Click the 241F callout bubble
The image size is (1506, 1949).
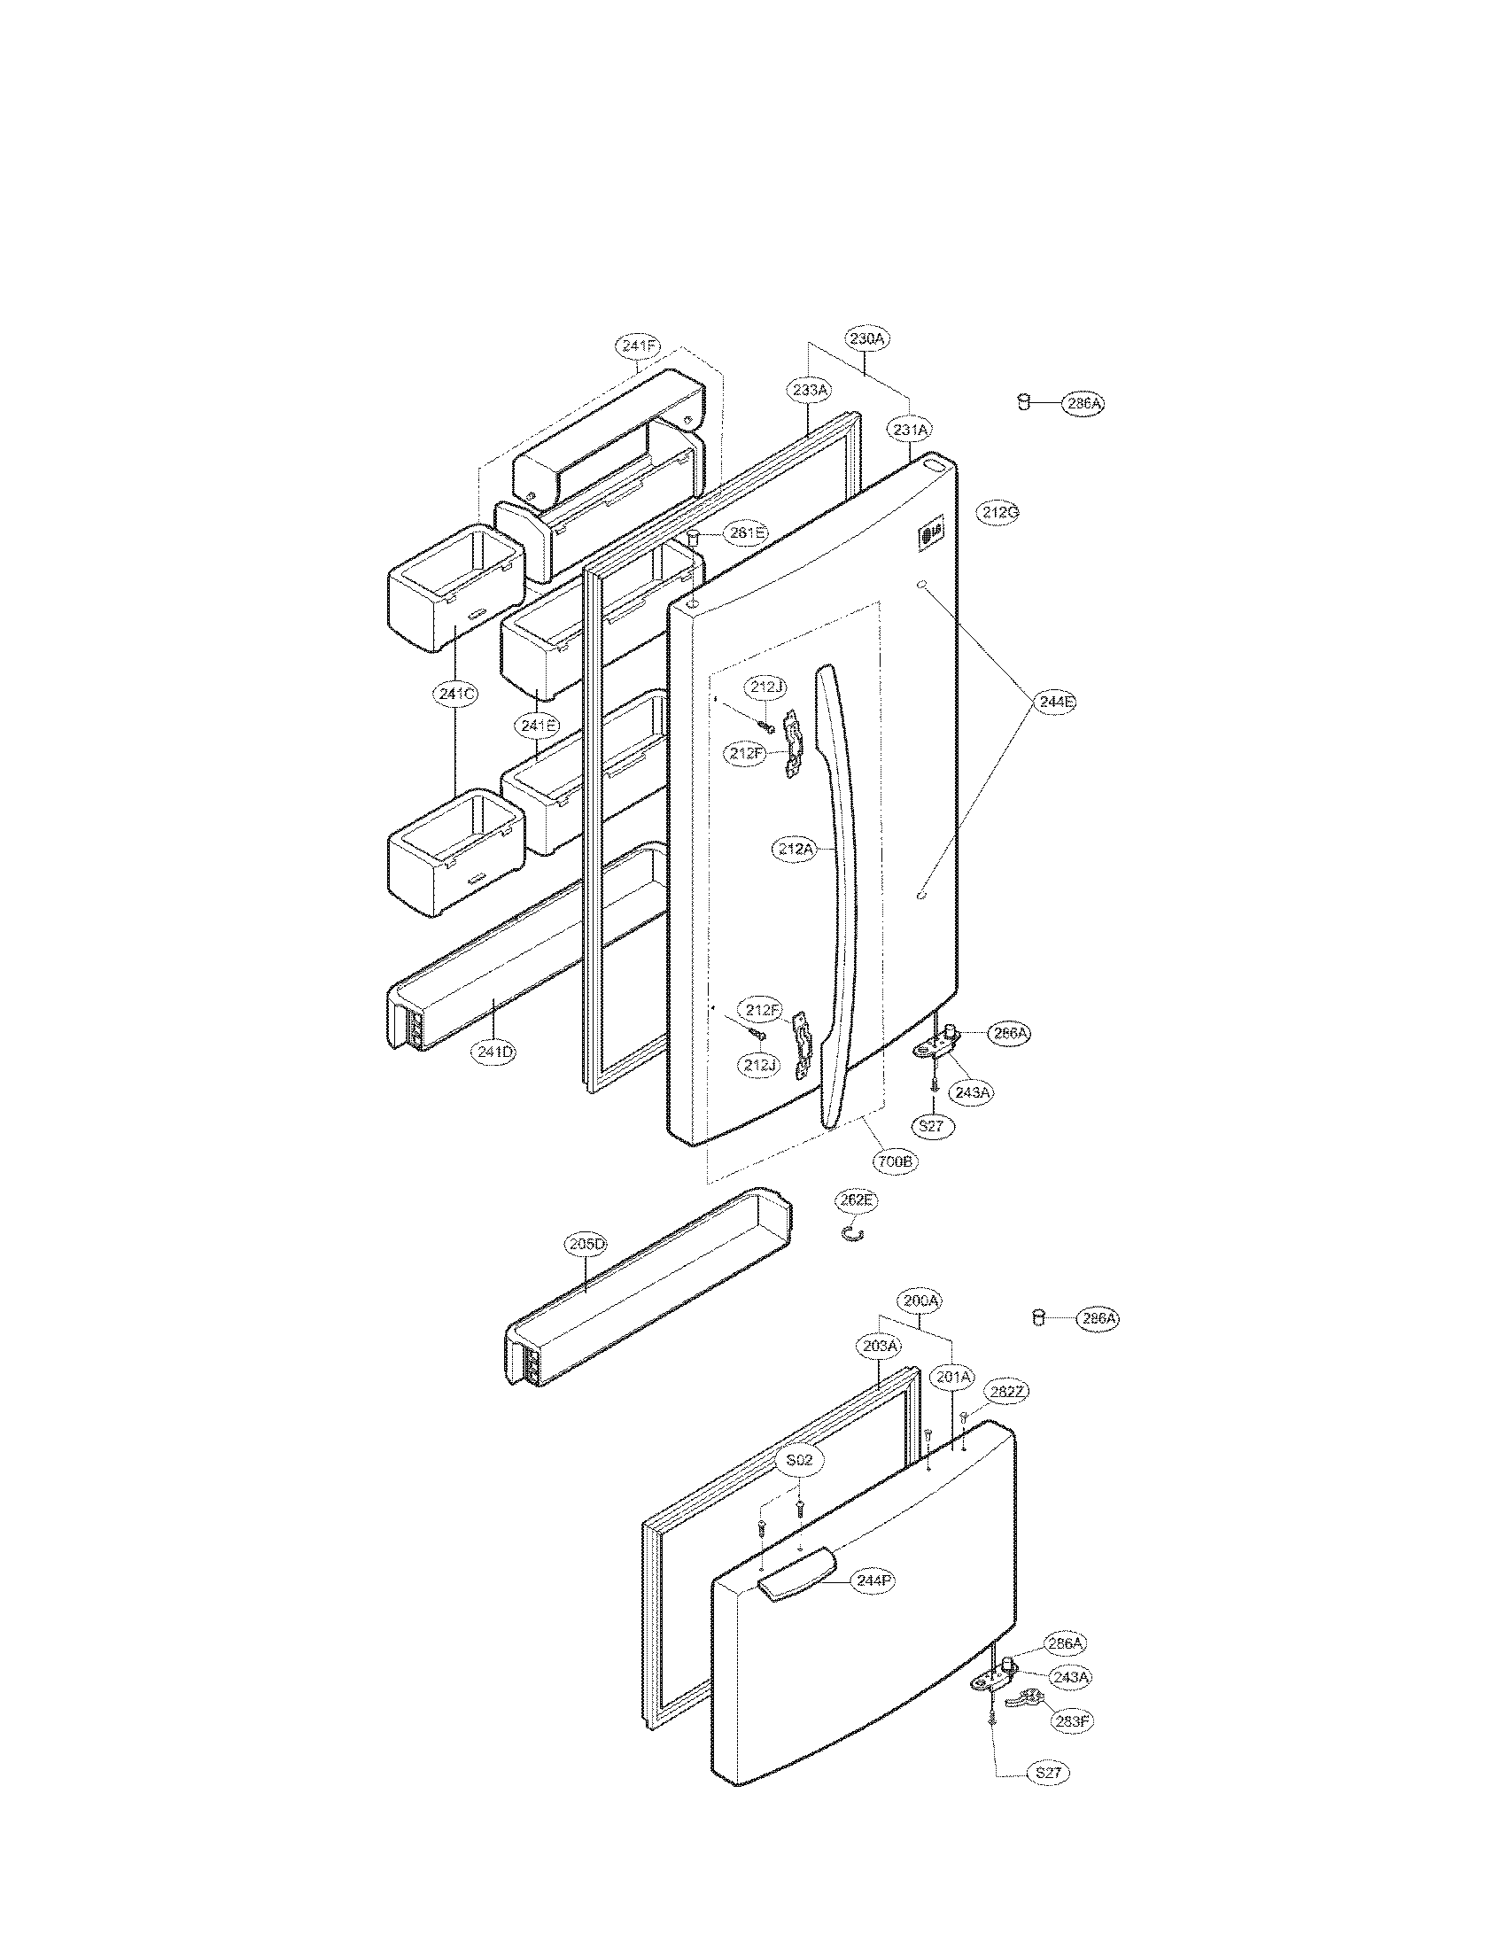638,347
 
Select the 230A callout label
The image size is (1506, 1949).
867,338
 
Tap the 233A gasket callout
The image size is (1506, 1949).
809,389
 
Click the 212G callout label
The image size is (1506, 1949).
998,512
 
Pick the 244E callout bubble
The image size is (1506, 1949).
1055,702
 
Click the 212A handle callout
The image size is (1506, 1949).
794,849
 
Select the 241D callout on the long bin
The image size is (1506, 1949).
494,1052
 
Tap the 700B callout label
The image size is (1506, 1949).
896,1161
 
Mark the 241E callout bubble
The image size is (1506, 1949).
536,726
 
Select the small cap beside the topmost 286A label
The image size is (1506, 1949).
1024,402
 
